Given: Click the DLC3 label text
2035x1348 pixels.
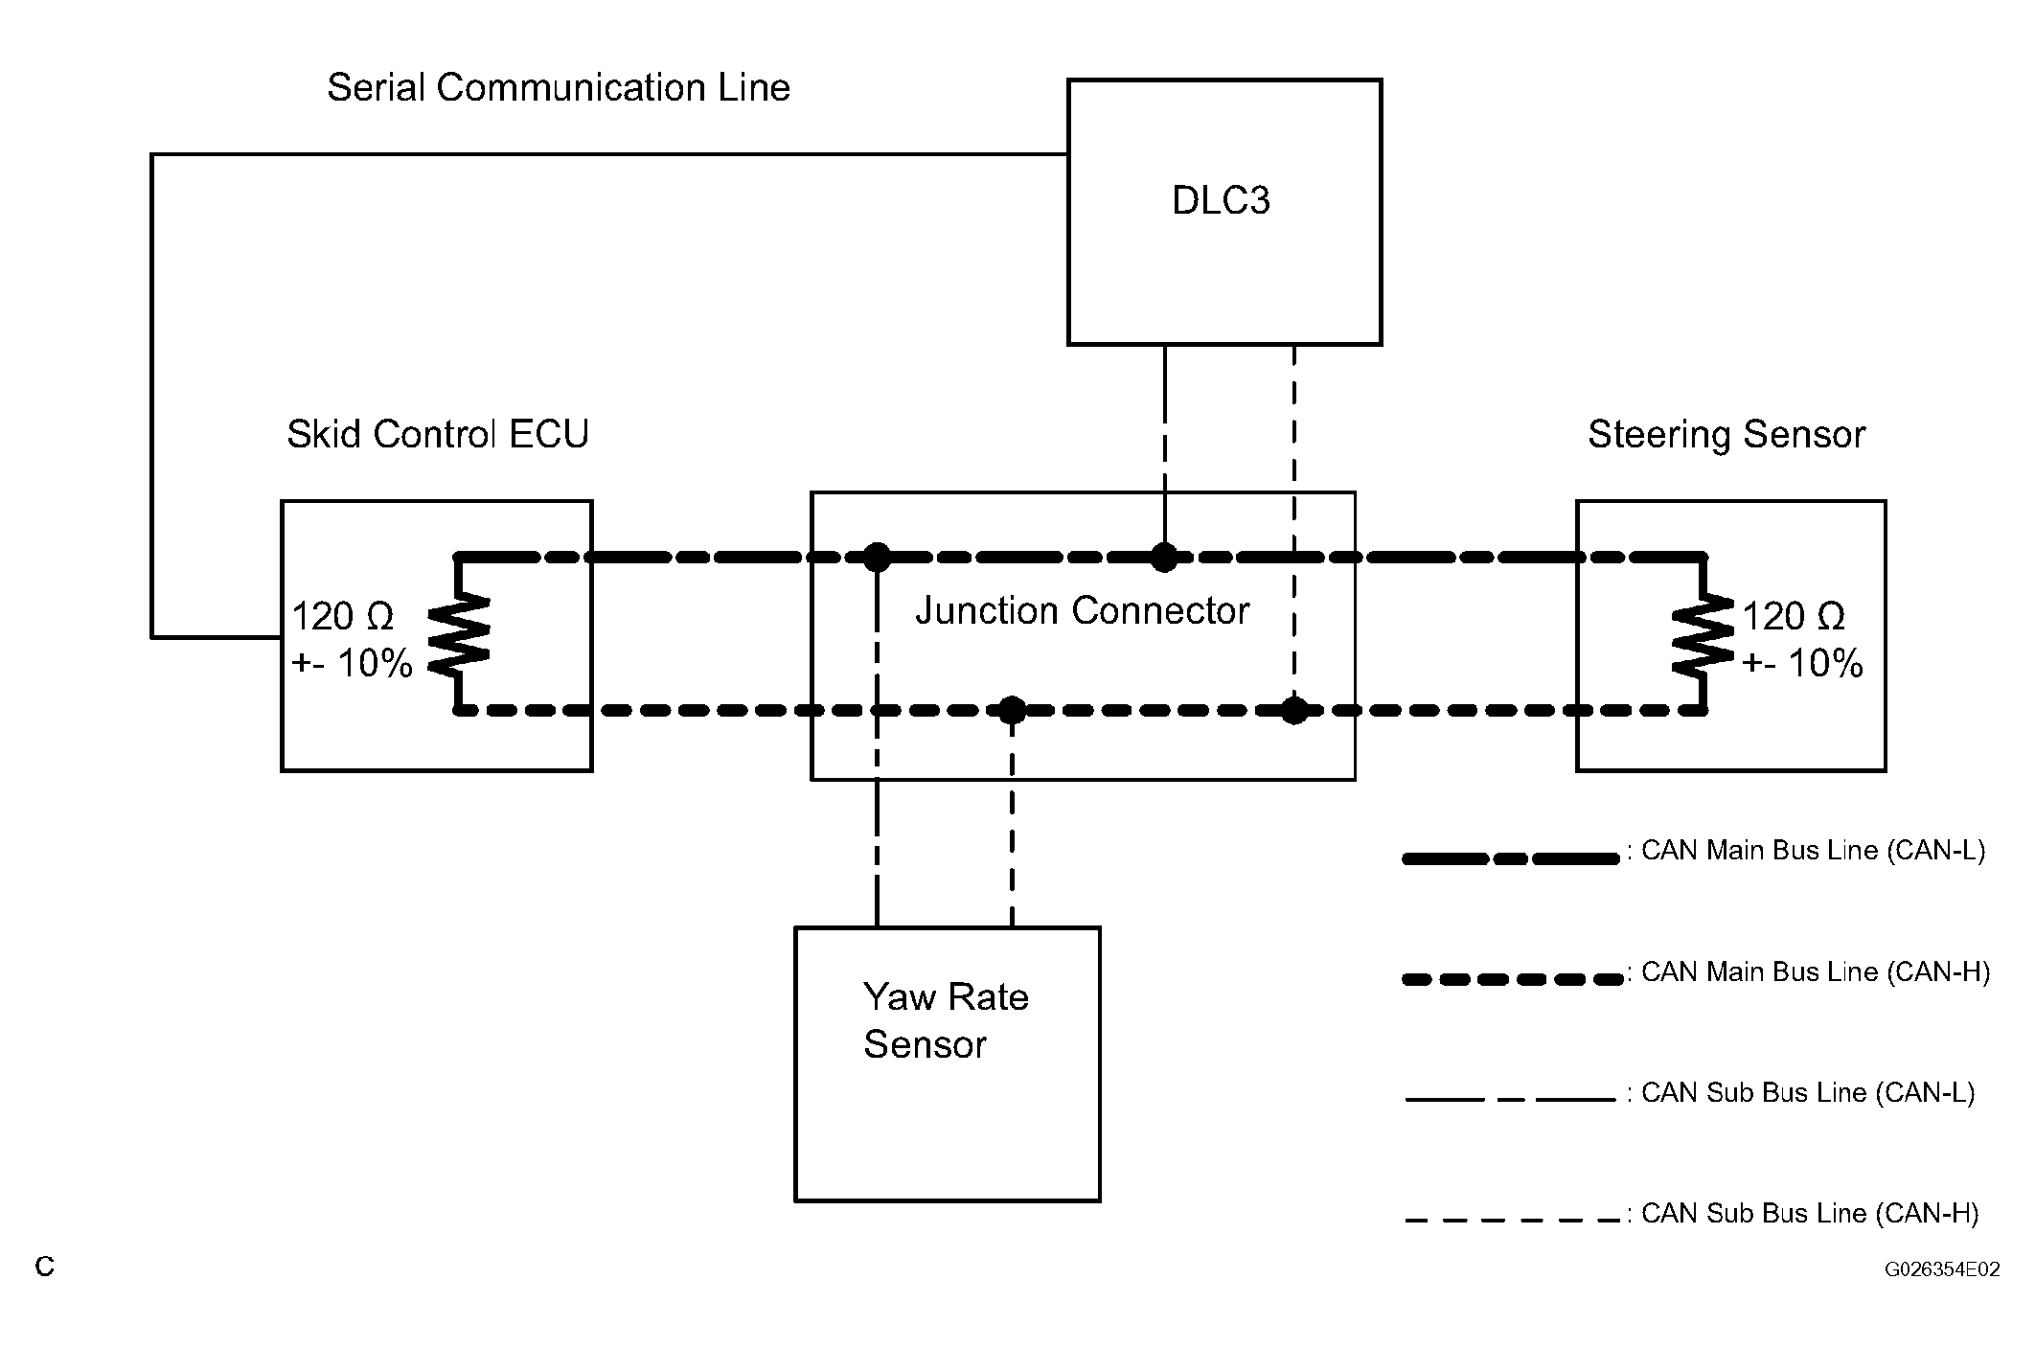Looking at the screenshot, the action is [1221, 200].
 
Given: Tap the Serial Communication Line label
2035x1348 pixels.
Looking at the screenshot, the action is [559, 87].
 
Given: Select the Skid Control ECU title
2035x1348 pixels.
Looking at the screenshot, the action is [438, 434].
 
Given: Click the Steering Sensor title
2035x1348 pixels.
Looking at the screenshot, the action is [1726, 435].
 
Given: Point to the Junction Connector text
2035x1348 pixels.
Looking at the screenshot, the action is [1083, 610].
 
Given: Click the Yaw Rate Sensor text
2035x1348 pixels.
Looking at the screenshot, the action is [946, 1020].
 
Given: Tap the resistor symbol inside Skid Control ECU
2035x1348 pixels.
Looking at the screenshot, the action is [459, 632].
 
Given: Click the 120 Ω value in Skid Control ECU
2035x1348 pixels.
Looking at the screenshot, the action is [342, 616].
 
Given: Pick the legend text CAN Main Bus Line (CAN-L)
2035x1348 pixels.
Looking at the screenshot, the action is [1814, 851].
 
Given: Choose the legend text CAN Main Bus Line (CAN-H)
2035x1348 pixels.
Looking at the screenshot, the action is [1816, 972].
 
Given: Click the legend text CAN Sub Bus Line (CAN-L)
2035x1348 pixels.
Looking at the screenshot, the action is [1808, 1093].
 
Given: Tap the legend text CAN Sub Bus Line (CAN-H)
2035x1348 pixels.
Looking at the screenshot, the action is [1810, 1214].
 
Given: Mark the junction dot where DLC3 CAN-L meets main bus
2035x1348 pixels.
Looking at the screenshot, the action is [1164, 557].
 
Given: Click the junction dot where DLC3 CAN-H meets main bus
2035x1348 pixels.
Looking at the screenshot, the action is [1294, 711].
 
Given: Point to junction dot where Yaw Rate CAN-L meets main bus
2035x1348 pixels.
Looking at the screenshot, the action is [877, 557].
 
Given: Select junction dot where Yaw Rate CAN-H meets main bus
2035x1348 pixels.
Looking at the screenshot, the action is [1013, 711].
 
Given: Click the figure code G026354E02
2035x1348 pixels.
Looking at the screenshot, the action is [1942, 1269].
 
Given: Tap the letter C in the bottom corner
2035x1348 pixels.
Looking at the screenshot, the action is [45, 1267].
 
